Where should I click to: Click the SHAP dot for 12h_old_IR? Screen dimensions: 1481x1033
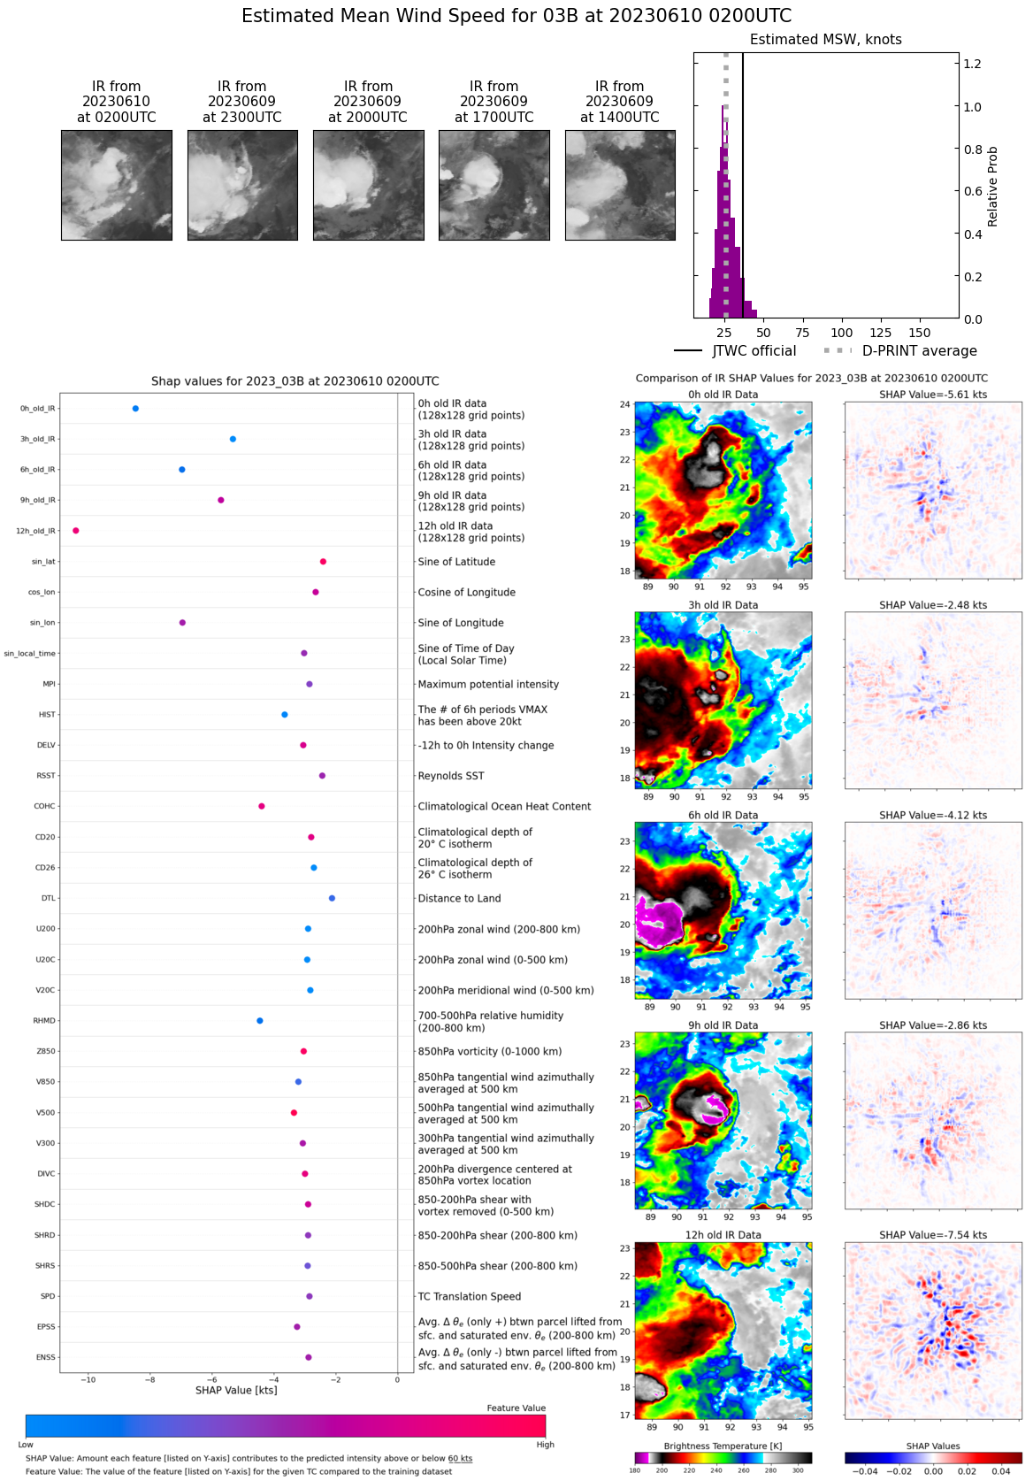pyautogui.click(x=76, y=531)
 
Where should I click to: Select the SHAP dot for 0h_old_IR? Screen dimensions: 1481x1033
pyautogui.click(x=135, y=409)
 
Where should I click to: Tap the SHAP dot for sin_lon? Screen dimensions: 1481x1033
pyautogui.click(x=183, y=623)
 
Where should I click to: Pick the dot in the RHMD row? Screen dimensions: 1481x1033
pyautogui.click(x=260, y=1021)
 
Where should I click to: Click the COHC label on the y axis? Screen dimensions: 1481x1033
pyautogui.click(x=44, y=807)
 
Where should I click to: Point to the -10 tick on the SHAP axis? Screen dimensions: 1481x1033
pyautogui.click(x=88, y=1380)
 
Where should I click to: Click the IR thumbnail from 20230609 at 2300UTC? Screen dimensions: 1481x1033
pyautogui.click(x=242, y=186)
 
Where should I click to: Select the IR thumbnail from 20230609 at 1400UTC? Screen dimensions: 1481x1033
pyautogui.click(x=620, y=186)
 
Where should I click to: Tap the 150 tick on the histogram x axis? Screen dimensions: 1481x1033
pyautogui.click(x=920, y=334)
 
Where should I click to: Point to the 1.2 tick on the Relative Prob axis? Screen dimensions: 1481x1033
pyautogui.click(x=972, y=64)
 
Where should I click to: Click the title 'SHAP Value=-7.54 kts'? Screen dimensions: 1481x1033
pyautogui.click(x=933, y=1235)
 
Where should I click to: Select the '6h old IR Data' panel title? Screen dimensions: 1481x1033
pyautogui.click(x=723, y=816)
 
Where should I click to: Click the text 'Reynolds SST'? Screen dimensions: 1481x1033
pyautogui.click(x=451, y=776)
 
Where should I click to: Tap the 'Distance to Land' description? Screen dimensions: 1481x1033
pyautogui.click(x=459, y=899)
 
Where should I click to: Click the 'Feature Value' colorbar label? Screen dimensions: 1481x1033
pyautogui.click(x=516, y=1408)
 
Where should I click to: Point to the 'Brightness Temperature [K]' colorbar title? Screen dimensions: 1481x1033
pyautogui.click(x=723, y=1446)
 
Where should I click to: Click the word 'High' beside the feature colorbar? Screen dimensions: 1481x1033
pyautogui.click(x=545, y=1445)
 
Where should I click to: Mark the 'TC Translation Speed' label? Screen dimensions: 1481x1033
pyautogui.click(x=469, y=1297)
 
